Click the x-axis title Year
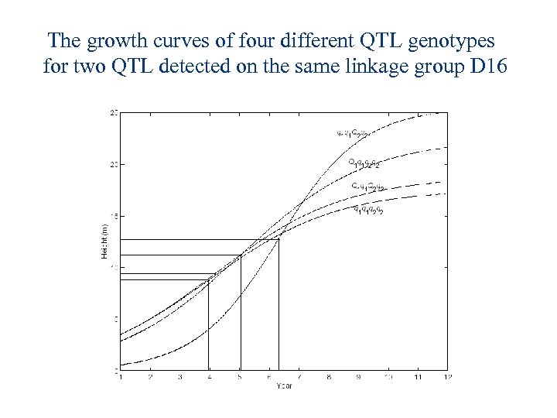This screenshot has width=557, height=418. (x=284, y=385)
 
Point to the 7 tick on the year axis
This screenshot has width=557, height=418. (x=299, y=376)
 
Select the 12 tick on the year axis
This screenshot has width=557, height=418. (x=448, y=376)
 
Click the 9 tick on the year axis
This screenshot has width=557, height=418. (x=359, y=376)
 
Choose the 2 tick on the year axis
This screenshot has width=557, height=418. (x=150, y=376)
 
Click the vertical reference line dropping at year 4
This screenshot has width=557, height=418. (x=209, y=325)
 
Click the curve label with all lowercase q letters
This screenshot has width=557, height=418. (x=367, y=209)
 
